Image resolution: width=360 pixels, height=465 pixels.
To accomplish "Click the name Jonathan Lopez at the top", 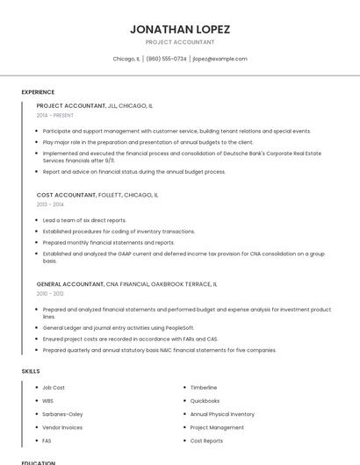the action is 179,29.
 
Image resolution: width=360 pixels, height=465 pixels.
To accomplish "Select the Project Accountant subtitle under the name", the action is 179,42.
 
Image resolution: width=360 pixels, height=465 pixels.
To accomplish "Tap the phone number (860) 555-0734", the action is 166,59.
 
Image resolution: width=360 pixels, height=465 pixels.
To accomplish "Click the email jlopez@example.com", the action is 220,59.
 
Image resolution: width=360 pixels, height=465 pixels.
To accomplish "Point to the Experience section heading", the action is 38,92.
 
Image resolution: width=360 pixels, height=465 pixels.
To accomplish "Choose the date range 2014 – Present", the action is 55,115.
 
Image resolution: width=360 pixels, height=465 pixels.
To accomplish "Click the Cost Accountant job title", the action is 66,195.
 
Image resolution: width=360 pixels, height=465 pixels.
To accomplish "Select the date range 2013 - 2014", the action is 50,204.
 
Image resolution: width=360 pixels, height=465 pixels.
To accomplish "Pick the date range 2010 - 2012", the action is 50,294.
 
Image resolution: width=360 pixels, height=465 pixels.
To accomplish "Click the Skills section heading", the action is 31,371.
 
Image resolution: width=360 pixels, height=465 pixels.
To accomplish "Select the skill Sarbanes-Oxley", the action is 62,414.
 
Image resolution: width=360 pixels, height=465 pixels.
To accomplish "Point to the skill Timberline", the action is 204,388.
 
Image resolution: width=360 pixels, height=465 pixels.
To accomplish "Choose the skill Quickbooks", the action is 205,401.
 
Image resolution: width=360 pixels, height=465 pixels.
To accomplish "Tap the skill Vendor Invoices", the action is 62,427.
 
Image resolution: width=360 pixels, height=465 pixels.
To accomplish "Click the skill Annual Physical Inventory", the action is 222,414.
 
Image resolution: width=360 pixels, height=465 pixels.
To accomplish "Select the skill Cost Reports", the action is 206,440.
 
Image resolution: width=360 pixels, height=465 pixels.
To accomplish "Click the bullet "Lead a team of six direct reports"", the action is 84,220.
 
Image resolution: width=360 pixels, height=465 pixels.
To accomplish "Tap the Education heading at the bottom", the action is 38,462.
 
